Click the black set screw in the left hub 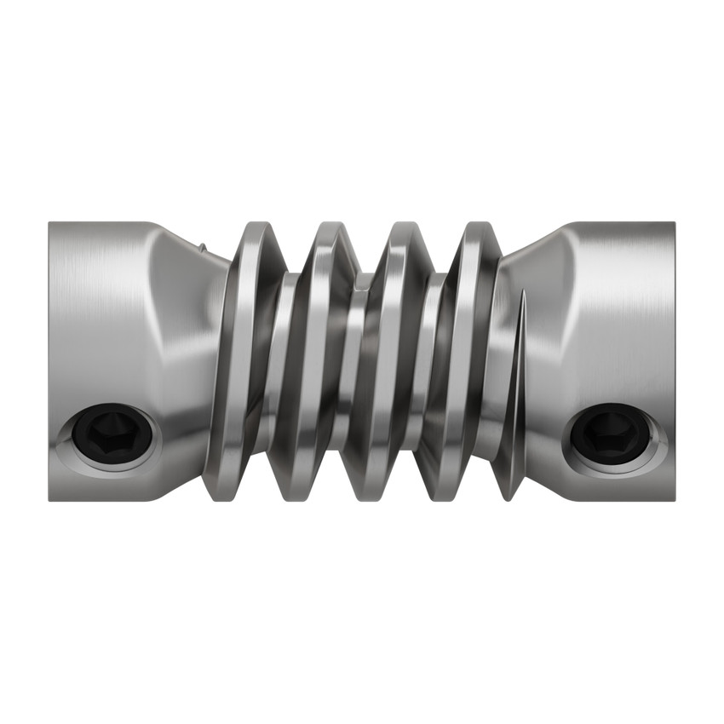(x=112, y=434)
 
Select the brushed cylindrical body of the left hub (x=94, y=324)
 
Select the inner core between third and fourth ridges (x=429, y=358)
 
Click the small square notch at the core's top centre (x=362, y=280)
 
